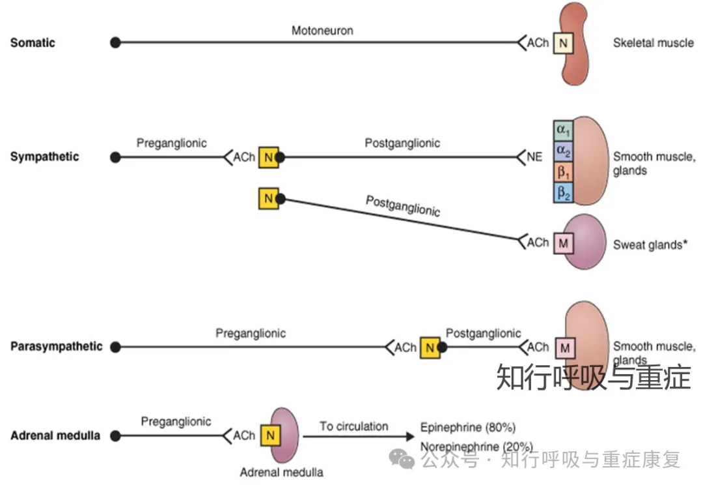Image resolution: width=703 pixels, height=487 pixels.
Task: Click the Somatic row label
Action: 33,43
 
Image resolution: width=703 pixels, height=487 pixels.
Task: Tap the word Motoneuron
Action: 322,30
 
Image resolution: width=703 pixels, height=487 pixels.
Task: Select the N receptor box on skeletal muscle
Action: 563,44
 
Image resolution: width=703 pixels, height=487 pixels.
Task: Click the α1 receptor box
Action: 563,128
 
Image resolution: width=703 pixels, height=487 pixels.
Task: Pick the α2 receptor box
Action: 563,150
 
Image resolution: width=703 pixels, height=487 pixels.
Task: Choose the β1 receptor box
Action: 563,171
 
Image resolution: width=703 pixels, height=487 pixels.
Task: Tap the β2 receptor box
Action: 563,192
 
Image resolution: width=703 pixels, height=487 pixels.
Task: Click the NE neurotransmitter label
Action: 534,157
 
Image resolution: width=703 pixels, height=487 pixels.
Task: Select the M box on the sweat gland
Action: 564,243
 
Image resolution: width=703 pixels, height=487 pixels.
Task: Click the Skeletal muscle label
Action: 653,43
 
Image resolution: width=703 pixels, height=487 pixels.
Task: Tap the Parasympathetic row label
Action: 56,346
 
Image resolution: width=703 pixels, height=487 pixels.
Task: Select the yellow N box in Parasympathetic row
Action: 430,347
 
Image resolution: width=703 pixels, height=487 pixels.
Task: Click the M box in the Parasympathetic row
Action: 564,348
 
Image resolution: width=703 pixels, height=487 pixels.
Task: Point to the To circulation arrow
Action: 358,435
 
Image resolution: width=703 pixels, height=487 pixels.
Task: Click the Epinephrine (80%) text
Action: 467,428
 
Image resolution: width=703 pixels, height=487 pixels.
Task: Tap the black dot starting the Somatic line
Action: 115,43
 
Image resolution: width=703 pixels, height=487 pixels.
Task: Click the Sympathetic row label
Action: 44,157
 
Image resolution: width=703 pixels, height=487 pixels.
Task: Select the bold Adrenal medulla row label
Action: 55,435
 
